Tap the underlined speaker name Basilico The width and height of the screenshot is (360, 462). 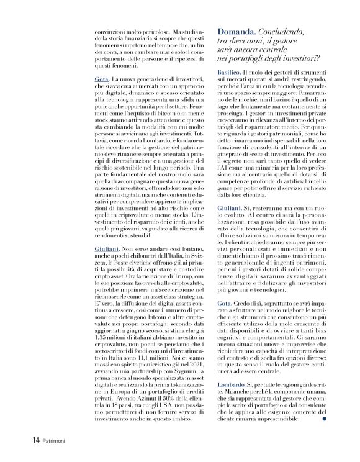click(231, 73)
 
